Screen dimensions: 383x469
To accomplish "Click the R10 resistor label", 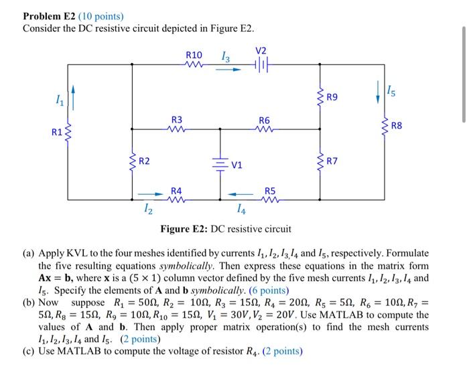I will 194,54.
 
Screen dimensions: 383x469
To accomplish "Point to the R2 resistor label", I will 144,161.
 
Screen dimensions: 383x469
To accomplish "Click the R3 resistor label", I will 176,119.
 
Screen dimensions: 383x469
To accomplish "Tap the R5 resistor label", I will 270,189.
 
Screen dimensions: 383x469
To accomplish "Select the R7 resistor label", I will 332,161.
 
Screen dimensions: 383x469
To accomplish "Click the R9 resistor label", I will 332,98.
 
